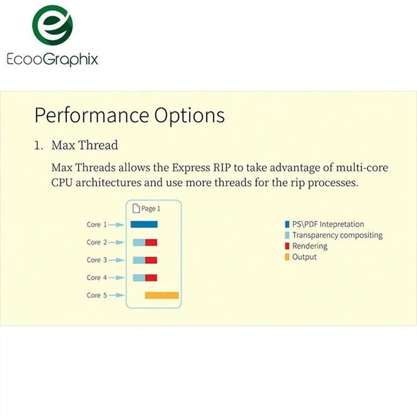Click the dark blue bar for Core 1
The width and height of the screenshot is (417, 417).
144,224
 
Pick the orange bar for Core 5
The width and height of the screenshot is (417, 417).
162,295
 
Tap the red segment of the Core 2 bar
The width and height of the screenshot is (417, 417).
151,242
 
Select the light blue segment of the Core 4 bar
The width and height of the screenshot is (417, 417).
139,278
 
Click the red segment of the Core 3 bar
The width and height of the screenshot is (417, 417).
151,260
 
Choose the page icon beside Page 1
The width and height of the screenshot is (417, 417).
135,209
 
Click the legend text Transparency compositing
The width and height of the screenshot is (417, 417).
337,235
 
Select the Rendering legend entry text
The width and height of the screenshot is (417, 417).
310,246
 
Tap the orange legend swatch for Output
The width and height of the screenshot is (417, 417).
287,257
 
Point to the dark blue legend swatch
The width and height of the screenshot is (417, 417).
287,224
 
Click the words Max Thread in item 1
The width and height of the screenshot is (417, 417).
85,145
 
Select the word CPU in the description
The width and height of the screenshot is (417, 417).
62,182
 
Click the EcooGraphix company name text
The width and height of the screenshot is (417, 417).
52,59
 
